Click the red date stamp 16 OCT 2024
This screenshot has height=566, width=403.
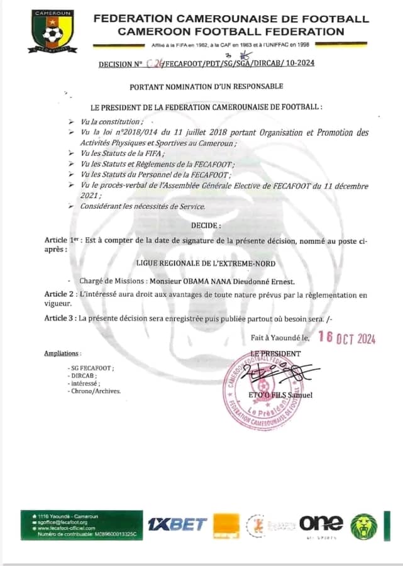pos(347,338)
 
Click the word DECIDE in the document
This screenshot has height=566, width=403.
pos(206,225)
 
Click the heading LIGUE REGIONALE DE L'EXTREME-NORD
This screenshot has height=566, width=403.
pos(206,264)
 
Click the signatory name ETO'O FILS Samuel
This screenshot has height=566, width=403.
pos(281,395)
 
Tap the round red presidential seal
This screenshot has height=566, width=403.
pos(262,391)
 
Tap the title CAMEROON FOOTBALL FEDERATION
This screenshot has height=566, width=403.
pos(231,31)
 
